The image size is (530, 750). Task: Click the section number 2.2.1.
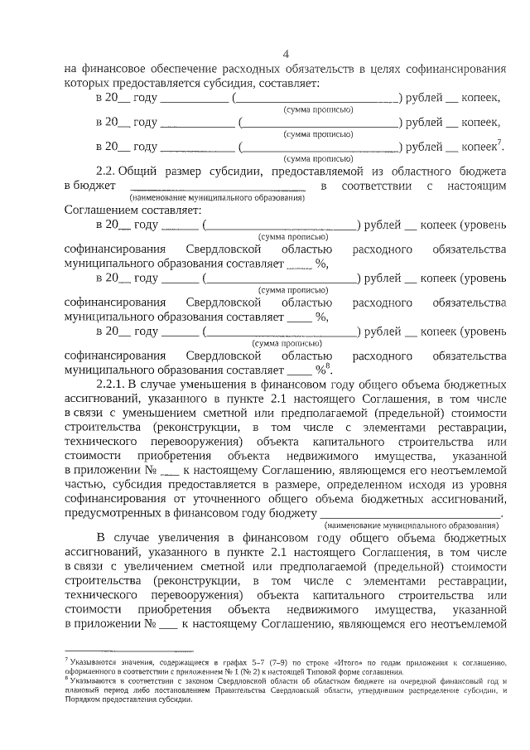[113, 386]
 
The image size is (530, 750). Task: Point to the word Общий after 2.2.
[140, 170]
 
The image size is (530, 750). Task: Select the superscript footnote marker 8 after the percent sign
[328, 366]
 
